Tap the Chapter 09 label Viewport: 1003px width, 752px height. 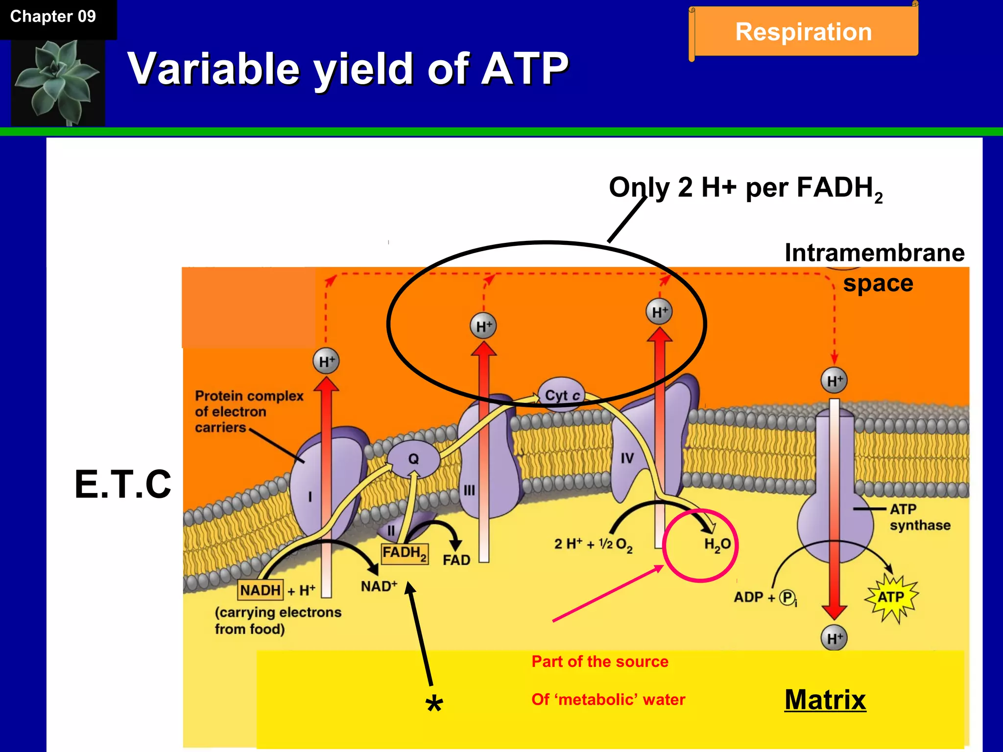pyautogui.click(x=53, y=17)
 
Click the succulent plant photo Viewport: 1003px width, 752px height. pyautogui.click(x=58, y=82)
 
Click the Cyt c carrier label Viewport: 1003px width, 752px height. pyautogui.click(x=562, y=395)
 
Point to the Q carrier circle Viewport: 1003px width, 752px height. pyautogui.click(x=413, y=459)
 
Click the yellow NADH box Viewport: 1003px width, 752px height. pyautogui.click(x=260, y=590)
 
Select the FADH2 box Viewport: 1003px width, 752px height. pyautogui.click(x=405, y=553)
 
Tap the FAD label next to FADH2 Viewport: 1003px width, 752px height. pyautogui.click(x=456, y=560)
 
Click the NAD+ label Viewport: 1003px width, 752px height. pyautogui.click(x=379, y=586)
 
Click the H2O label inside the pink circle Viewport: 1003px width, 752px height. pyautogui.click(x=717, y=544)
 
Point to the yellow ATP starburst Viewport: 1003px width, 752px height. pyautogui.click(x=891, y=597)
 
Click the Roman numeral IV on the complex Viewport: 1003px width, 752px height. pyautogui.click(x=627, y=458)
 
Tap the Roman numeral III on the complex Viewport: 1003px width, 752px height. pyautogui.click(x=469, y=490)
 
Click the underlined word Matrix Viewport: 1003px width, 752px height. pyautogui.click(x=825, y=700)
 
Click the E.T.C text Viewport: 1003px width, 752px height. pyautogui.click(x=123, y=484)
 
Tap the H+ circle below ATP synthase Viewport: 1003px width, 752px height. pyautogui.click(x=834, y=638)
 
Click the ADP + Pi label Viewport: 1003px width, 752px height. pyautogui.click(x=765, y=598)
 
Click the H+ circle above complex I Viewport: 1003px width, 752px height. pyautogui.click(x=326, y=361)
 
